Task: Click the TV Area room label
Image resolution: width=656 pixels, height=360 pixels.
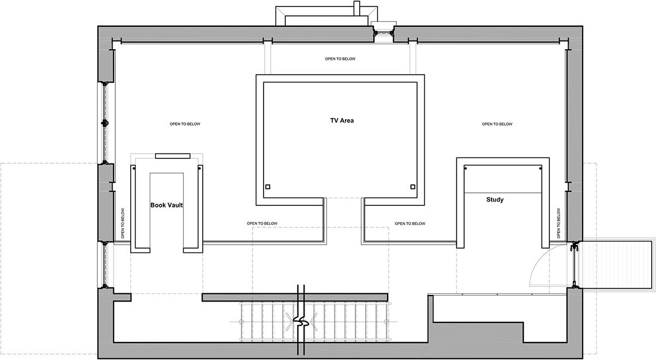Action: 342,120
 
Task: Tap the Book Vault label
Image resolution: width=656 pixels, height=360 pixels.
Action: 167,205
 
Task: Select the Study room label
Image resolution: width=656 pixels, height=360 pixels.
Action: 495,199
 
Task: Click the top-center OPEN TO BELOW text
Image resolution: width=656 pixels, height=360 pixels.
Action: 340,59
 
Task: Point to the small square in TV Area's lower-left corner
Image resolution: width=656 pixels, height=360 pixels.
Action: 268,187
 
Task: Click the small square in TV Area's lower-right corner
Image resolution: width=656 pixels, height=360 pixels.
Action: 413,187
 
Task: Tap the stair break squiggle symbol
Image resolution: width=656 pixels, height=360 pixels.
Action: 301,322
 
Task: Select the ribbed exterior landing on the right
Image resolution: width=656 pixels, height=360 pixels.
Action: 618,265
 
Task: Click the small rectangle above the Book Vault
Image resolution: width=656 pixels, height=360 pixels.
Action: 173,156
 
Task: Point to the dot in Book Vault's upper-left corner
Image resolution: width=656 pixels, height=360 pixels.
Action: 134,168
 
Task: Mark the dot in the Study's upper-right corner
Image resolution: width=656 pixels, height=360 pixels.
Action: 540,168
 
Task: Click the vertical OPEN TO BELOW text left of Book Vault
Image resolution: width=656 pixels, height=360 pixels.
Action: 122,223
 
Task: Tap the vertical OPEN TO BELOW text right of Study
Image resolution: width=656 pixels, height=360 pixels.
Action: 559,223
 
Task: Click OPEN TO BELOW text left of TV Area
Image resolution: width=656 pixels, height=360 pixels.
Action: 185,124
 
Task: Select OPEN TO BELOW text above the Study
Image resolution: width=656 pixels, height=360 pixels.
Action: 497,124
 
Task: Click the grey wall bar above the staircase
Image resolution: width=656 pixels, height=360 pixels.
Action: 295,297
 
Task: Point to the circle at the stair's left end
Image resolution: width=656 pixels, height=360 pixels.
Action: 241,322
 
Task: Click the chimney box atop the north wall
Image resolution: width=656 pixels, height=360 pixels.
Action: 326,16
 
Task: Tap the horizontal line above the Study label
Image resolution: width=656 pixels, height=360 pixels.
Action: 503,193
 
